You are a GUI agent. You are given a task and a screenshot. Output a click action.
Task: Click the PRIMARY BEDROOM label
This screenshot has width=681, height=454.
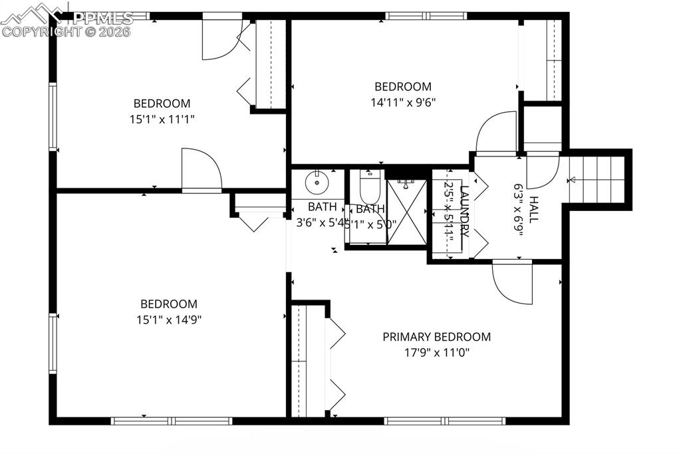pyautogui.click(x=436, y=337)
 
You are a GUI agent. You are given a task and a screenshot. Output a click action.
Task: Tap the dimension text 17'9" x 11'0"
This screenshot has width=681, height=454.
pyautogui.click(x=436, y=353)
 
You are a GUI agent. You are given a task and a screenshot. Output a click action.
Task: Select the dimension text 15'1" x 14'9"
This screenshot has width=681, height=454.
pyautogui.click(x=169, y=320)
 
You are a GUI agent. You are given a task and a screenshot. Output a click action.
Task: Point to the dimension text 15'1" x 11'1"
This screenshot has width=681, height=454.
pyautogui.click(x=162, y=119)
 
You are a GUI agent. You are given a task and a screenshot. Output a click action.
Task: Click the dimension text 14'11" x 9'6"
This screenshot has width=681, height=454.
pyautogui.click(x=402, y=103)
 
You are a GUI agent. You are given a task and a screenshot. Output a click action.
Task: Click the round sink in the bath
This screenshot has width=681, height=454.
pyautogui.click(x=317, y=181)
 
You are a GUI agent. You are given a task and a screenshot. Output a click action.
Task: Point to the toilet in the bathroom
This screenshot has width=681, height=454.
pyautogui.click(x=369, y=187)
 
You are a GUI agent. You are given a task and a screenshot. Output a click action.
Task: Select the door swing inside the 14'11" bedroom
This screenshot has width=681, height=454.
pyautogui.click(x=497, y=132)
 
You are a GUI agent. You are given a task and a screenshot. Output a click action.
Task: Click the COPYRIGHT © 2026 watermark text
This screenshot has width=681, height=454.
pyautogui.click(x=67, y=31)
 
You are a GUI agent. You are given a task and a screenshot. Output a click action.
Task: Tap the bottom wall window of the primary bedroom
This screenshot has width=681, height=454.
pyautogui.click(x=445, y=421)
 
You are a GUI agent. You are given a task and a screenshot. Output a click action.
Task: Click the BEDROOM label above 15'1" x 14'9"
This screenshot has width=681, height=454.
pyautogui.click(x=169, y=304)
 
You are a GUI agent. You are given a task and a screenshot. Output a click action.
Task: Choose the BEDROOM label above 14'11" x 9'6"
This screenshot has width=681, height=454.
pyautogui.click(x=402, y=87)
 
